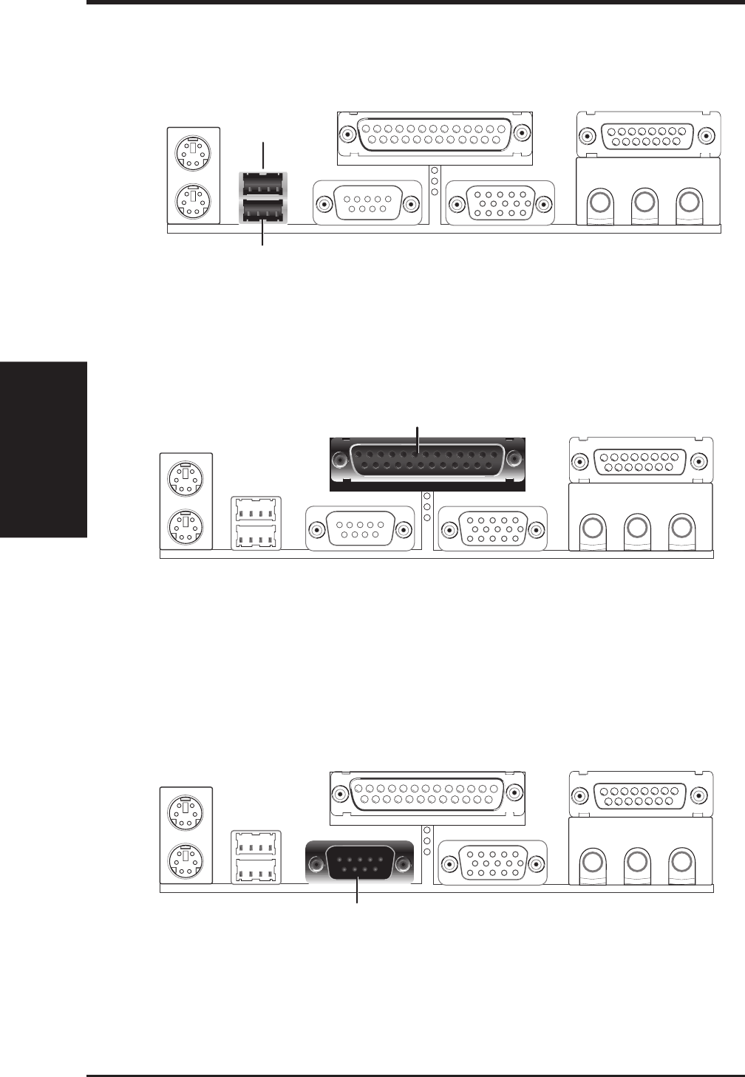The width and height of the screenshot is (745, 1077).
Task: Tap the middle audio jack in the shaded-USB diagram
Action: (x=645, y=200)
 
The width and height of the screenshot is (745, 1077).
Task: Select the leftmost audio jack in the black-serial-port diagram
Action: (x=591, y=861)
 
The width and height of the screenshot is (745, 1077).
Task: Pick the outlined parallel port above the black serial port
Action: (x=426, y=797)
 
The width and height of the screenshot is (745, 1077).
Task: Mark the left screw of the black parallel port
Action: (x=339, y=460)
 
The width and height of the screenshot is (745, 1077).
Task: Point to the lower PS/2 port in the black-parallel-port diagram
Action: (x=185, y=526)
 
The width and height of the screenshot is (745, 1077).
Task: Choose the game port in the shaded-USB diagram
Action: (x=647, y=136)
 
